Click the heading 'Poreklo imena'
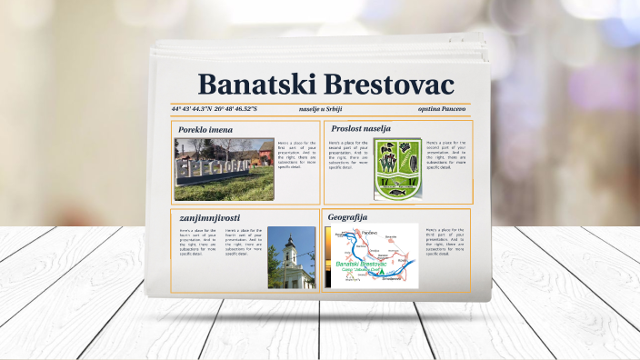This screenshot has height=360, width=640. pos(205,130)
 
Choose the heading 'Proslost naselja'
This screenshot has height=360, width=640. pos(361,128)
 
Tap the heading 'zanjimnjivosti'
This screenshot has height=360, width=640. pos(210,218)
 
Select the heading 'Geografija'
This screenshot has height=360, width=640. pos(347,217)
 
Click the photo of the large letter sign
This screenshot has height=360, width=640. pos(224,169)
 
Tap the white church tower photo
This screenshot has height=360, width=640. pos(290,257)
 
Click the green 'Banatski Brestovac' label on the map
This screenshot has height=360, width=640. pos(365,264)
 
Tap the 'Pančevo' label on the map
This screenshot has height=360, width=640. pos(369,233)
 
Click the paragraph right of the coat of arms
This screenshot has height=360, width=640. pos(445,155)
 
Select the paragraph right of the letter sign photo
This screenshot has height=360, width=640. pos(297,155)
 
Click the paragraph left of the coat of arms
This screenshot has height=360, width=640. pos(348,155)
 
